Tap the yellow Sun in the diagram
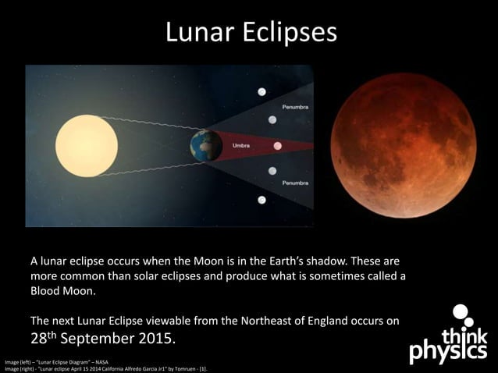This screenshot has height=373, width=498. coord(86,145)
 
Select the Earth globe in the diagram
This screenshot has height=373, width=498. coord(206,146)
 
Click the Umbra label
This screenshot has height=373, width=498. coord(241,144)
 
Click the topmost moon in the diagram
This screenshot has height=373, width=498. coord(262,92)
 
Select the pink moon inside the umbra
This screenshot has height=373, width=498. coord(278,145)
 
